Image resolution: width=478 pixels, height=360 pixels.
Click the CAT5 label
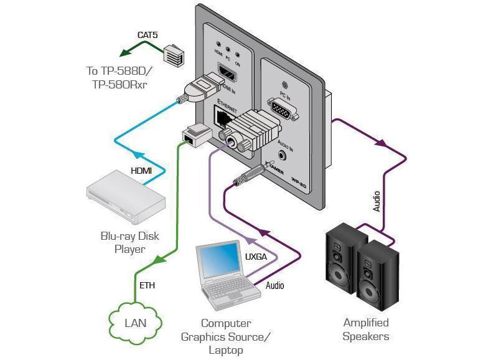coord(148,36)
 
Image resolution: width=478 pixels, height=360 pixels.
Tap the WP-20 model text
coord(300,182)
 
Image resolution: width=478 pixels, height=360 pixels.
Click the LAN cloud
coord(135,323)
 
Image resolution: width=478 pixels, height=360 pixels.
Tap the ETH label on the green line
coord(147,286)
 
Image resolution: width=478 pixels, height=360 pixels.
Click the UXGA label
coord(256,257)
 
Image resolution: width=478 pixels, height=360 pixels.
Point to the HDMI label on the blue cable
coord(141,171)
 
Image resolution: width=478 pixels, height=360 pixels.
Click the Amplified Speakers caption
coord(366,329)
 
